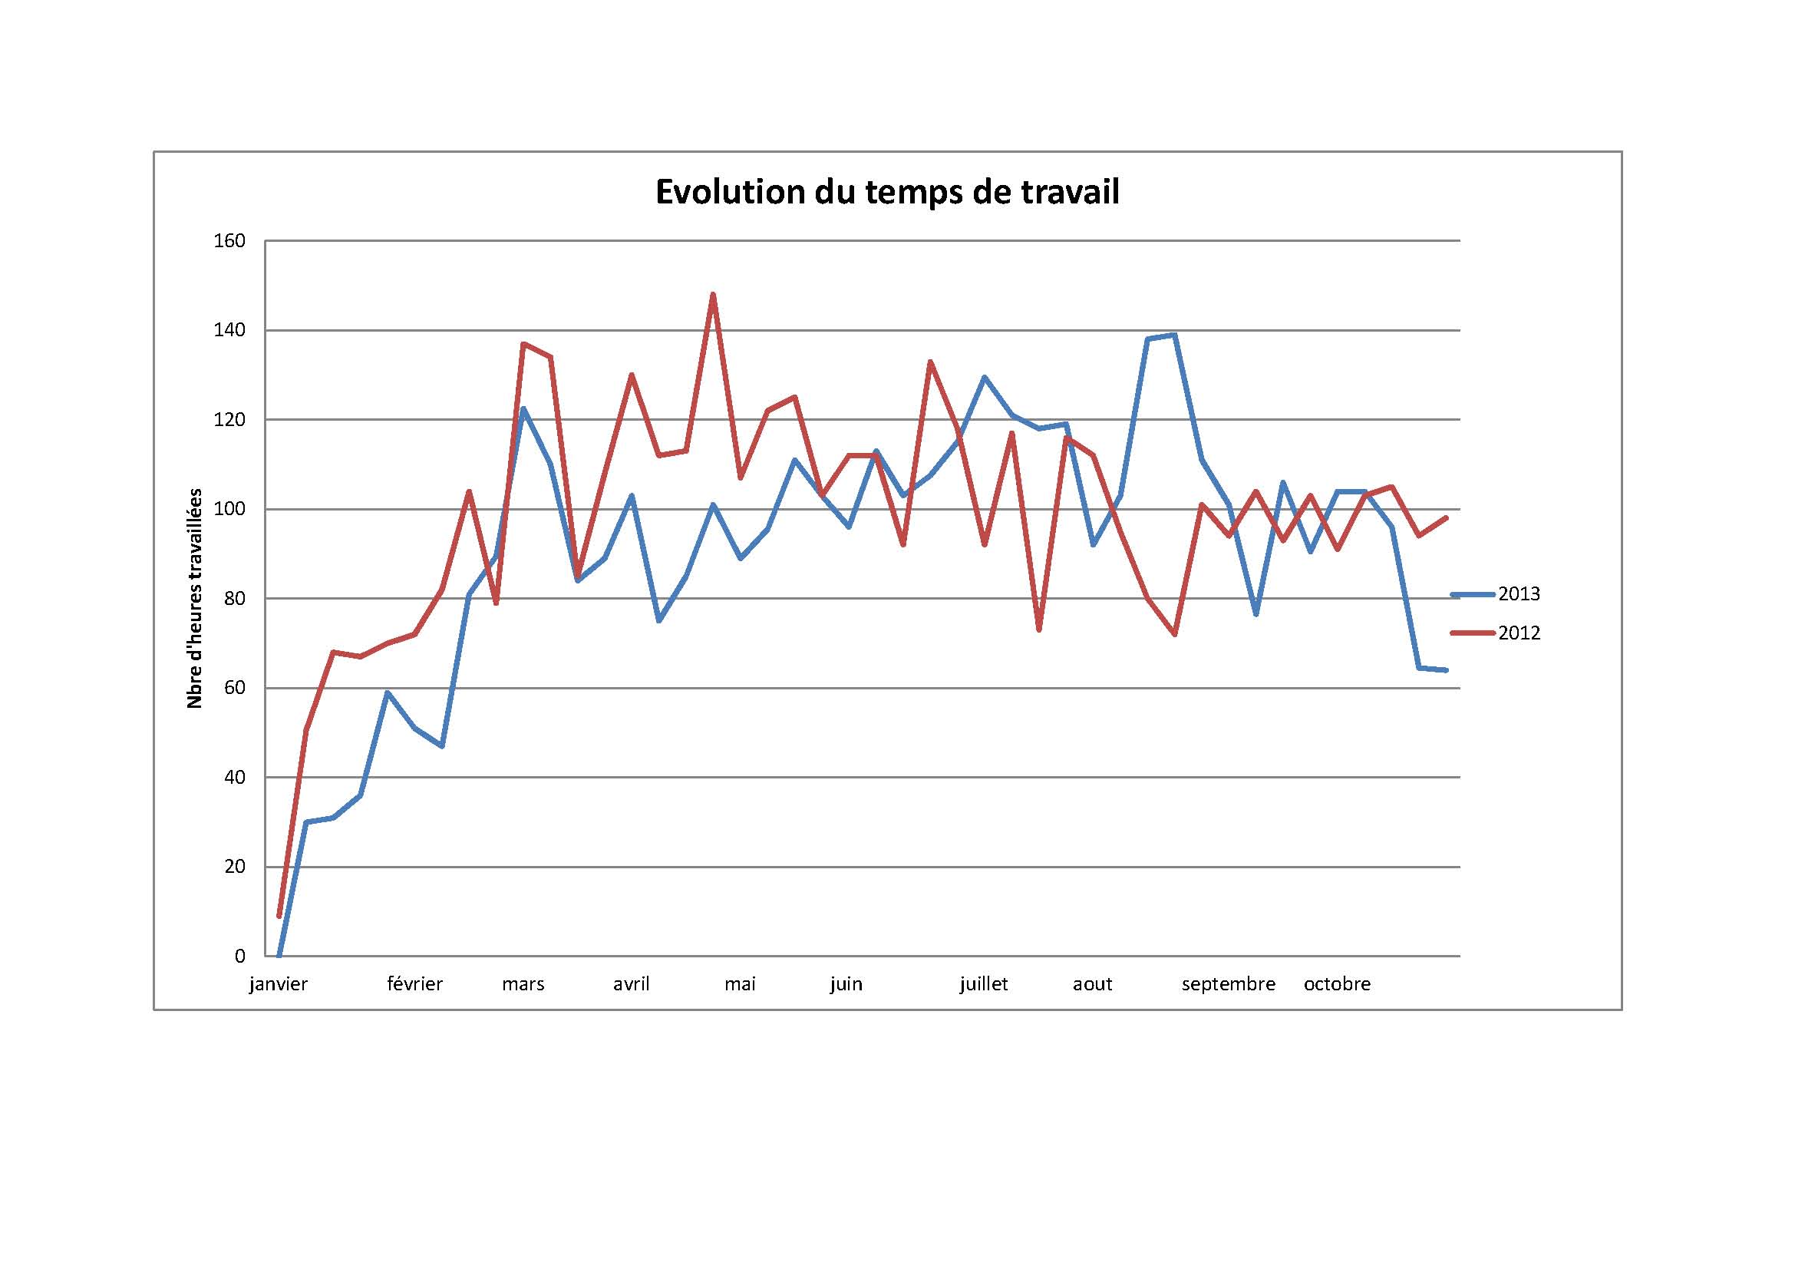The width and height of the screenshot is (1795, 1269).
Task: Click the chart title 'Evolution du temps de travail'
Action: pos(886,193)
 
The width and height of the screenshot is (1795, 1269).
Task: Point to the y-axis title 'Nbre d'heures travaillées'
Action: pos(195,599)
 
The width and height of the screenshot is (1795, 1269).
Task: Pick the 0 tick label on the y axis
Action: pos(239,957)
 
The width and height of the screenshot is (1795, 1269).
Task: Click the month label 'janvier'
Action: pos(279,984)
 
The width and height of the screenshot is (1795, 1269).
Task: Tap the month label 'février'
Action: pos(414,984)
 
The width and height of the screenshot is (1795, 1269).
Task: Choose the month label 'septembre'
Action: pos(1228,984)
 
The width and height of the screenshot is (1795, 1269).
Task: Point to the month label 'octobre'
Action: pos(1337,984)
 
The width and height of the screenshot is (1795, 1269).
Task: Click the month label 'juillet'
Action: pos(984,984)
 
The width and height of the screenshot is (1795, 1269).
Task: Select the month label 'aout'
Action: pos(1092,984)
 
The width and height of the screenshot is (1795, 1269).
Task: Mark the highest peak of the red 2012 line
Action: pos(713,295)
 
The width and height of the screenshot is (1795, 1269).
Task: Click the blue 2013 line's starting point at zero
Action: pos(279,955)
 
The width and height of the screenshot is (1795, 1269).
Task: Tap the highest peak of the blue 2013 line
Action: pos(1174,335)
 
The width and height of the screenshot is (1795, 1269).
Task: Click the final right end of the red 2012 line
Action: pos(1447,517)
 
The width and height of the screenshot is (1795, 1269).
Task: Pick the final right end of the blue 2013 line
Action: pos(1447,670)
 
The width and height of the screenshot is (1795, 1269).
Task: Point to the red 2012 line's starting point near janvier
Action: pos(279,916)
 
